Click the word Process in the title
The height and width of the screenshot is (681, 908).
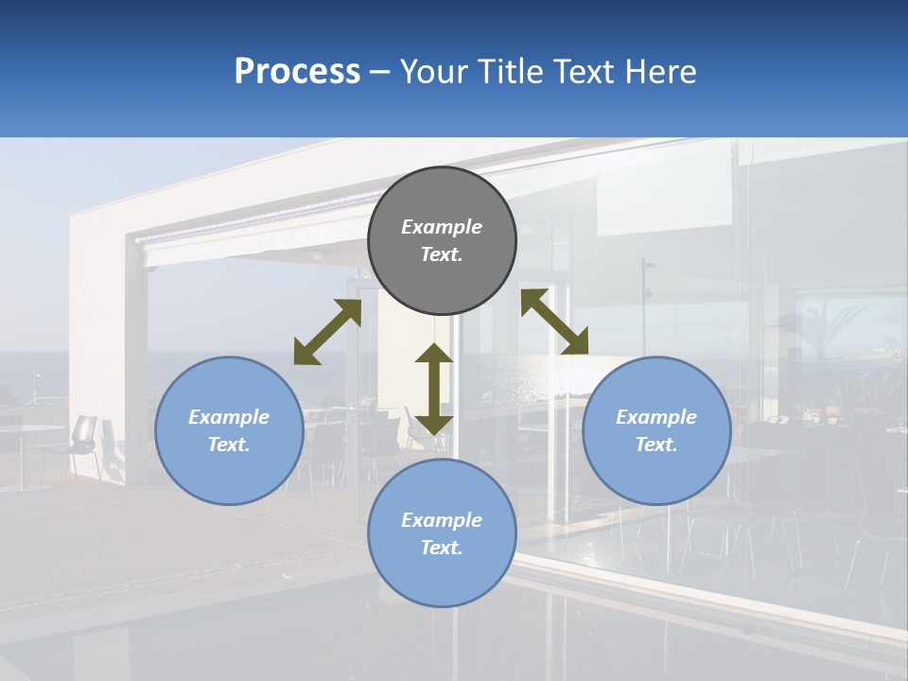pyautogui.click(x=297, y=72)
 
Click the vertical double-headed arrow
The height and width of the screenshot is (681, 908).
pyautogui.click(x=434, y=389)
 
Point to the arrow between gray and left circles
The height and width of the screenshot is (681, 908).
pyautogui.click(x=327, y=332)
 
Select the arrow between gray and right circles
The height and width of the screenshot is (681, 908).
pyautogui.click(x=554, y=322)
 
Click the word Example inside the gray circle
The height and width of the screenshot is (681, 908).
pyautogui.click(x=442, y=227)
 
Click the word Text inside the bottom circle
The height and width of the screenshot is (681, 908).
pyautogui.click(x=442, y=548)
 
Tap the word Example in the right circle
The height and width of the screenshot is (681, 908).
pyautogui.click(x=656, y=417)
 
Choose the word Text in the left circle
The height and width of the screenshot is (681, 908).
pyautogui.click(x=229, y=445)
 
